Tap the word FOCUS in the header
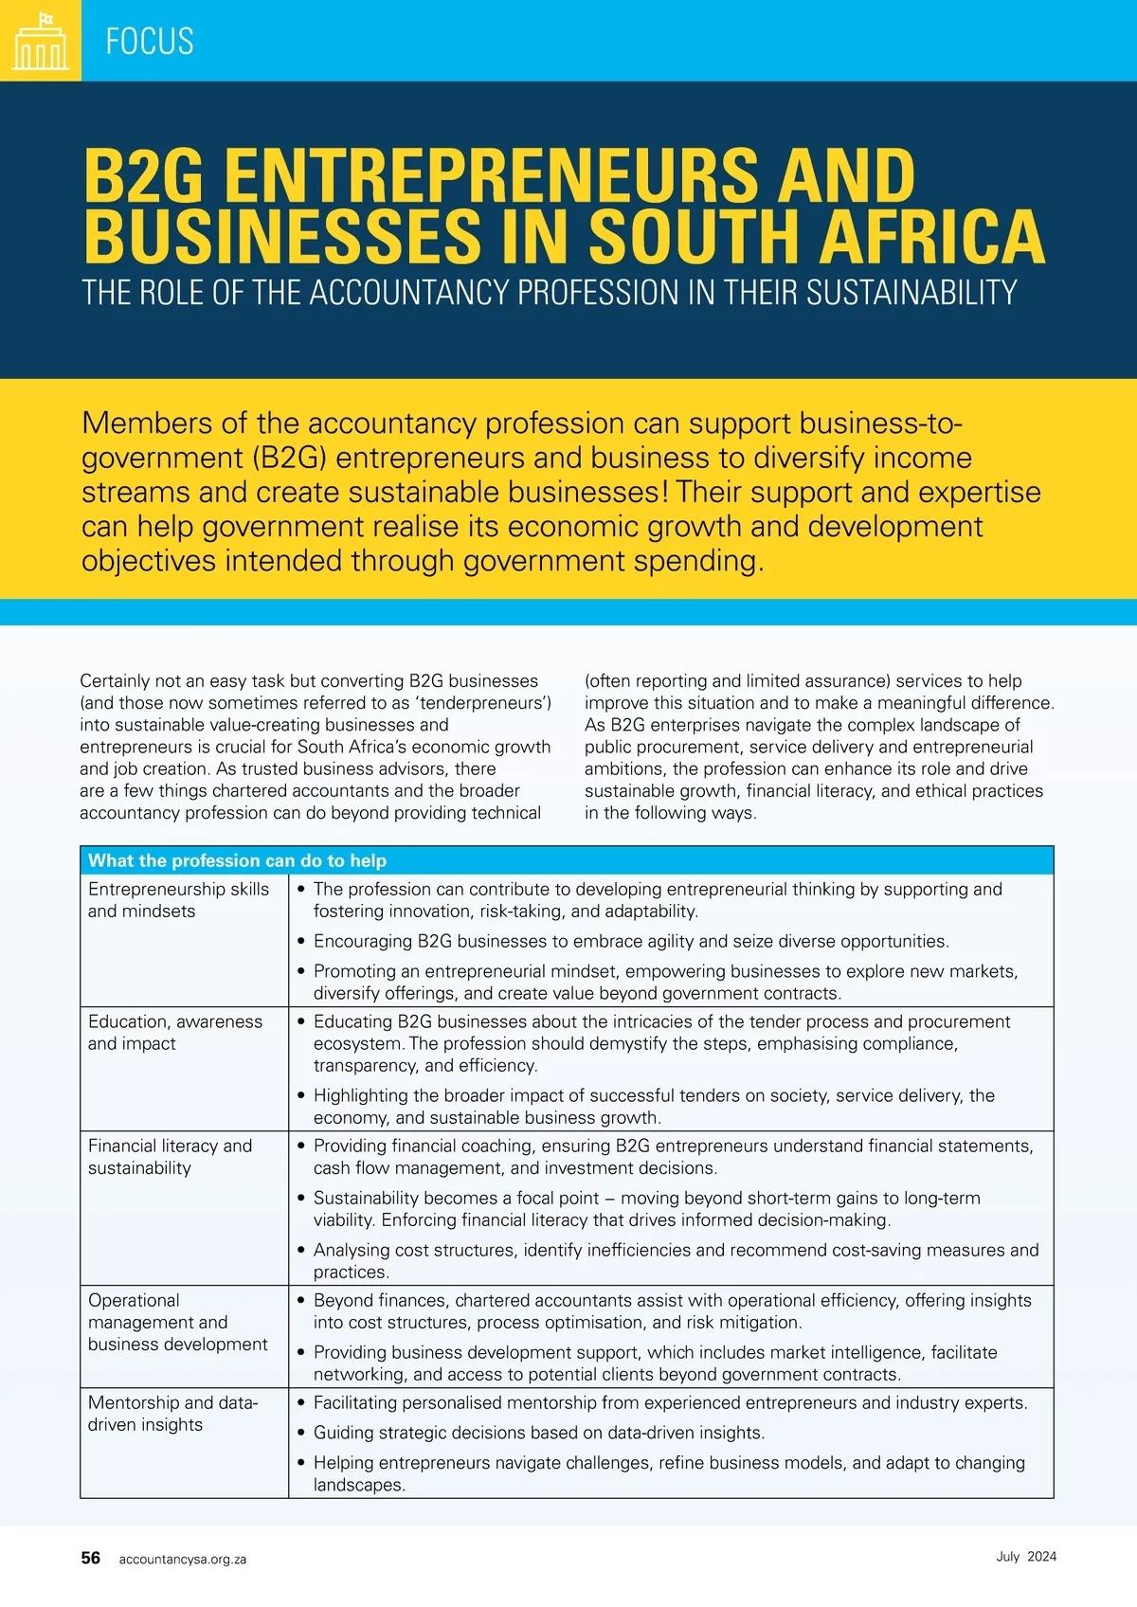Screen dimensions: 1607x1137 tap(150, 42)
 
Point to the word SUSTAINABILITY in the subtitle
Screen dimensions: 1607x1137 tap(911, 293)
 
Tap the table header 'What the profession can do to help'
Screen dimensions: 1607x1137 tap(237, 860)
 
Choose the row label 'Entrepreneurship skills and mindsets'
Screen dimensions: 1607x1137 tap(178, 900)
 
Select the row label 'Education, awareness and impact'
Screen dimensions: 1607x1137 tap(175, 1033)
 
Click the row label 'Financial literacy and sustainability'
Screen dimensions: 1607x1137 tap(170, 1157)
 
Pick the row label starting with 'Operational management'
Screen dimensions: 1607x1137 tap(177, 1322)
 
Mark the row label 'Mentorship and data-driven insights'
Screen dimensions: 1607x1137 tap(172, 1414)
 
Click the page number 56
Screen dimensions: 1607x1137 tap(91, 1558)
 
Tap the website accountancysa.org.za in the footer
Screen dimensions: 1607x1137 tap(183, 1560)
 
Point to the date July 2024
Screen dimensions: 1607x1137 tap(1026, 1557)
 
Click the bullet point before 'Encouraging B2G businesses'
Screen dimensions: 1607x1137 tap(301, 942)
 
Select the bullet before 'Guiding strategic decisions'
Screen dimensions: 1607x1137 tap(301, 1433)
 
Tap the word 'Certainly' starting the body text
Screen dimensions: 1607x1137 tap(115, 681)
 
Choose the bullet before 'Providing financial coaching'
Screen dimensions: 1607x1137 tap(301, 1147)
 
